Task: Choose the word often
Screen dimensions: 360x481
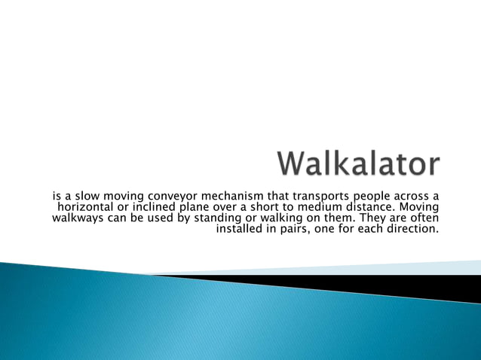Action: pyautogui.click(x=424, y=218)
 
